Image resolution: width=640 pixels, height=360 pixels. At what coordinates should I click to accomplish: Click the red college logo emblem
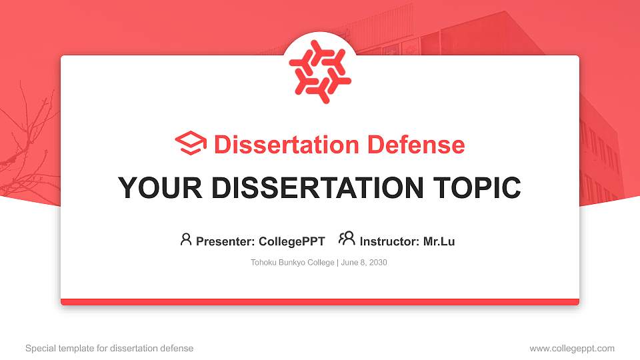[320, 72]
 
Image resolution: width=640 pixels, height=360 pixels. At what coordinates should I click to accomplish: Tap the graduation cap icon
[191, 143]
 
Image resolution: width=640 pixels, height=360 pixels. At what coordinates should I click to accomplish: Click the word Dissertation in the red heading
[278, 145]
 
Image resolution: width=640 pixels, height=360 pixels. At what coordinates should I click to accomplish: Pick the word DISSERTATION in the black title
[314, 188]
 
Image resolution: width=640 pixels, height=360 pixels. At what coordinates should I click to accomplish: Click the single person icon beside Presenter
[186, 239]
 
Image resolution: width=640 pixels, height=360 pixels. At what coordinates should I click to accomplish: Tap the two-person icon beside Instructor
[347, 239]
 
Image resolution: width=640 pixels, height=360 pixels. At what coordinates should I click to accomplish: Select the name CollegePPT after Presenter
[292, 241]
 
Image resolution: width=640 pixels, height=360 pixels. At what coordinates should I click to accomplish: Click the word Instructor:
[389, 241]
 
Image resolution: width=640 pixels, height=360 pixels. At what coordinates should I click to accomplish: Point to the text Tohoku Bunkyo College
[293, 263]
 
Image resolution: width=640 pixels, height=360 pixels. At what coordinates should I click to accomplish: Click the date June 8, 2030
[364, 263]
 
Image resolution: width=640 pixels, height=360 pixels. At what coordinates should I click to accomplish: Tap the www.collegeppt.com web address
[572, 348]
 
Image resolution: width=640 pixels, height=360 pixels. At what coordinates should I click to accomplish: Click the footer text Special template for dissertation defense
[109, 348]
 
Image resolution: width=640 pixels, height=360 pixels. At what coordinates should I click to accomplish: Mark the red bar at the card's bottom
[320, 302]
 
